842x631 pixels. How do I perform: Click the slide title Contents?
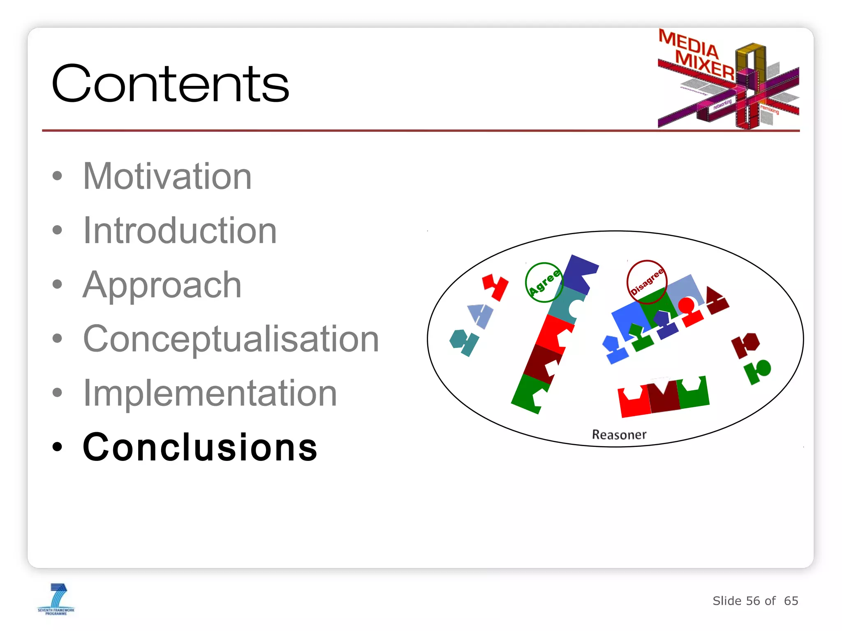coord(170,84)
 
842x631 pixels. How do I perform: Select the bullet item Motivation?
coord(167,176)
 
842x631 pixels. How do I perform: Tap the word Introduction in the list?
coord(180,230)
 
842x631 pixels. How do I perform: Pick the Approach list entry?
coord(162,285)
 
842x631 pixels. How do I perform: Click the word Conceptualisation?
coord(231,339)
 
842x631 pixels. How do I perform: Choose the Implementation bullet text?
coord(210,393)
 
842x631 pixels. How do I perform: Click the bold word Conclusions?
coord(200,447)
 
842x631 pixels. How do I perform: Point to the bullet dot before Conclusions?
coord(57,447)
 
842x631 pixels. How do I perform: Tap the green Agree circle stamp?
coord(544,283)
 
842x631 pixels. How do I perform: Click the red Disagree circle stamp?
coord(646,281)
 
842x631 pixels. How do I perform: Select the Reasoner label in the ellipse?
coord(619,435)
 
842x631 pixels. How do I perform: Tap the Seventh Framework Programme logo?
coord(56,599)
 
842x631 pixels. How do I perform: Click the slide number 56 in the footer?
coord(753,601)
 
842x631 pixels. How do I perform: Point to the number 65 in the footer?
coord(791,601)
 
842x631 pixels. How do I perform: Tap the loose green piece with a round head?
coord(758,371)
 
